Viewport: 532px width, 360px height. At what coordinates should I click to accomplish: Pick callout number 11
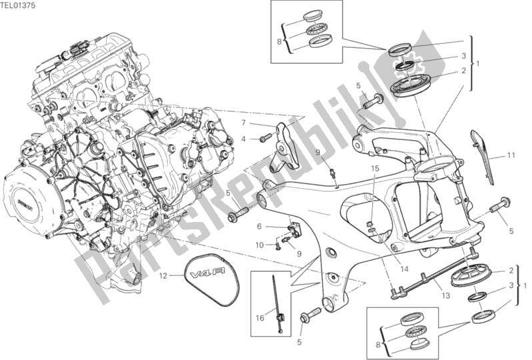point(510,156)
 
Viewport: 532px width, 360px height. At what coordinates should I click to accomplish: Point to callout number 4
point(244,139)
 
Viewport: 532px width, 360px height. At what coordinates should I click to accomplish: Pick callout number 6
point(259,227)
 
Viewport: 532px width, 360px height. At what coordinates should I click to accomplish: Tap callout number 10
point(259,245)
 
